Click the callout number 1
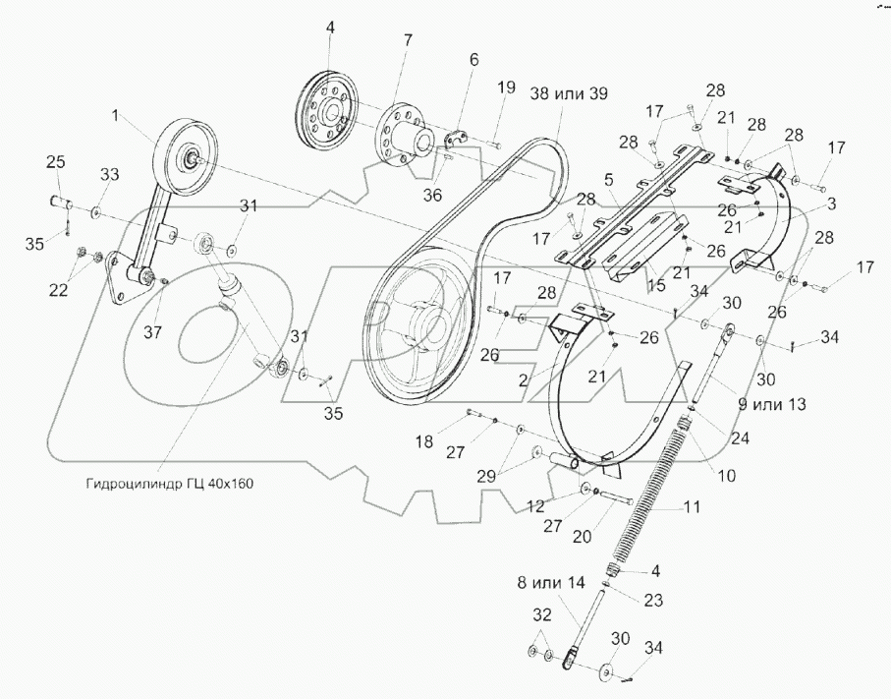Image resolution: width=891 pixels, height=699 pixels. tap(116, 116)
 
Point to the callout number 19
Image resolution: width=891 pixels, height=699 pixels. tap(505, 87)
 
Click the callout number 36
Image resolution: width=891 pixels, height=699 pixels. tap(432, 195)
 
